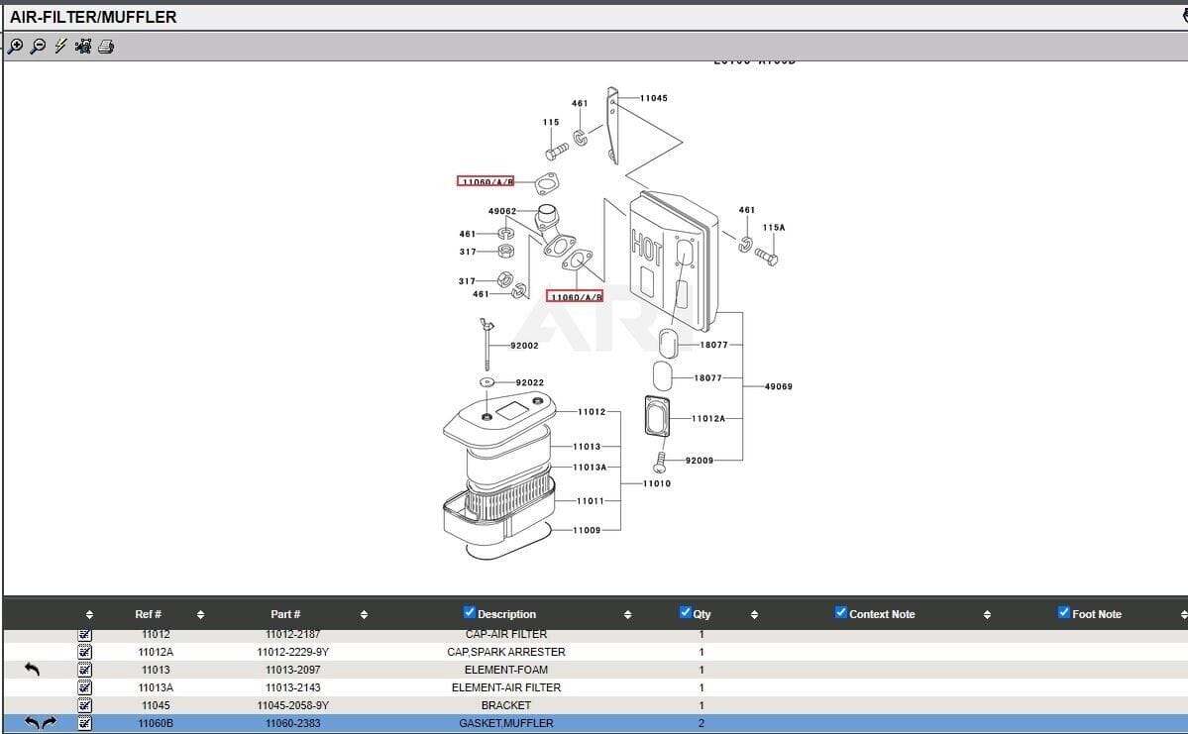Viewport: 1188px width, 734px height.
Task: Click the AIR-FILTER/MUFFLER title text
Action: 93,17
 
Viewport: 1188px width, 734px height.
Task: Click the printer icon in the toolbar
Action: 106,47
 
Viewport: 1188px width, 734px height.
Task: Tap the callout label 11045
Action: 653,98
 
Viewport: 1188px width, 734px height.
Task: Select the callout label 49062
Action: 502,211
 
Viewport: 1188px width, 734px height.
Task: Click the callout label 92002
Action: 524,346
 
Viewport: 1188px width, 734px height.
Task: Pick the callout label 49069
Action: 778,386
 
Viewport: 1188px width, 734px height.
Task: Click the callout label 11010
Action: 656,483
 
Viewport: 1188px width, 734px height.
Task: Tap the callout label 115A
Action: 774,228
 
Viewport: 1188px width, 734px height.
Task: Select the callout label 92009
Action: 699,460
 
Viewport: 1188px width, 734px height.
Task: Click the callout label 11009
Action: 587,530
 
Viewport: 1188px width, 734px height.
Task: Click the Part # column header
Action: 285,614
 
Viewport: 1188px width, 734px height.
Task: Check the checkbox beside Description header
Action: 470,613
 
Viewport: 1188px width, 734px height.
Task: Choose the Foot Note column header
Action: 1096,614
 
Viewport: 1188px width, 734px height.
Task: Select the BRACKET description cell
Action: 506,705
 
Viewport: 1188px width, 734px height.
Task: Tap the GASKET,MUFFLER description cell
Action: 506,723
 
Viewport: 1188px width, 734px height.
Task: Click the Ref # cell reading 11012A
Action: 156,652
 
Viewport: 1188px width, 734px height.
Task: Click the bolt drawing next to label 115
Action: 555,153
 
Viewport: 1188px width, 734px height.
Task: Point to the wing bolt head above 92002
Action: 486,324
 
